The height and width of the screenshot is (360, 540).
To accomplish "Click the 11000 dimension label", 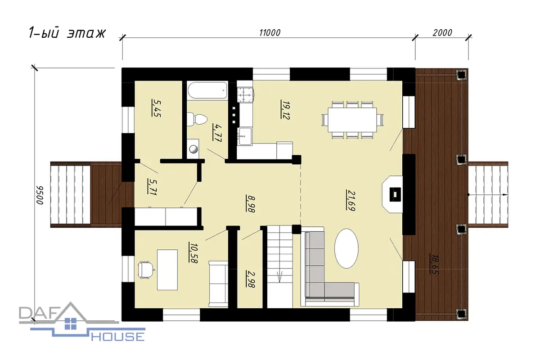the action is (x=270, y=32).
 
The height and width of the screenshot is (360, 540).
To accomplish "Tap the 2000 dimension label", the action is (x=442, y=32).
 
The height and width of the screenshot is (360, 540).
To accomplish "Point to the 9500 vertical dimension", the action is (x=40, y=195).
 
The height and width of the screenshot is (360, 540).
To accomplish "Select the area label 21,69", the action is (x=351, y=201).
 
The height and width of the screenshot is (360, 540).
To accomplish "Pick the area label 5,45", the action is (x=156, y=108).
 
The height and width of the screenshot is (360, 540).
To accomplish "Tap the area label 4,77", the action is (x=217, y=132).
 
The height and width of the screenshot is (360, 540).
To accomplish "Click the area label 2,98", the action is (x=251, y=279).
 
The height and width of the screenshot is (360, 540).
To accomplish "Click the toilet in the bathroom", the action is (x=197, y=119).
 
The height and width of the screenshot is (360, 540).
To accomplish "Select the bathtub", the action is (x=207, y=90).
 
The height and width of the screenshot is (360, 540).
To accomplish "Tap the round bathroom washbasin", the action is (x=193, y=149).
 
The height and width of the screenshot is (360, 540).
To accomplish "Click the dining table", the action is (x=352, y=120).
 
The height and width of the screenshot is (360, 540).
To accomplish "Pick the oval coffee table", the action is (x=346, y=248).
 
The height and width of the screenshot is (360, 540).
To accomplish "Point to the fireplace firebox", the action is (x=395, y=194).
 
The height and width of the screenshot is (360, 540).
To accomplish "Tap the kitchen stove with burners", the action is (x=246, y=94).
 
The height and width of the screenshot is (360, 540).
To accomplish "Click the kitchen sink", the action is (x=244, y=136).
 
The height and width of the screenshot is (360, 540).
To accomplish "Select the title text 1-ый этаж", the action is (x=67, y=33).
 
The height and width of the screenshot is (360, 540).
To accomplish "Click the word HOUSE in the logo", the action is (x=118, y=336).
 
